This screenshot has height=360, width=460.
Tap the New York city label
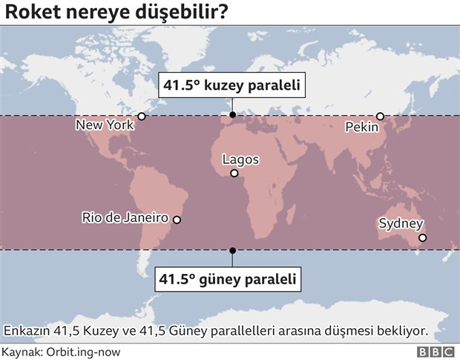click(x=105, y=125)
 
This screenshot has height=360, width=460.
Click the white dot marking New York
click(x=142, y=116)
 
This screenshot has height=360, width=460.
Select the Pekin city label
click(x=362, y=128)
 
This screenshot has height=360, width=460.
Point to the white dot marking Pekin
click(x=380, y=116)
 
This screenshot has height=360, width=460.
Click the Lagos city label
click(x=241, y=160)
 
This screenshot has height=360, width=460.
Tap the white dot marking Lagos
click(x=234, y=174)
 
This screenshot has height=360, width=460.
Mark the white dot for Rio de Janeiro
click(x=177, y=220)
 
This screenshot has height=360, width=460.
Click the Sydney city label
click(x=401, y=223)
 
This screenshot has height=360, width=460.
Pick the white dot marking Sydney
click(x=422, y=238)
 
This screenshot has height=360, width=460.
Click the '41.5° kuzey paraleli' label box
click(x=232, y=86)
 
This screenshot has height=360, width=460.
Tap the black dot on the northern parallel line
click(x=232, y=115)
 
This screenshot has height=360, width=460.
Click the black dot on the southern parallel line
click(x=232, y=250)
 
